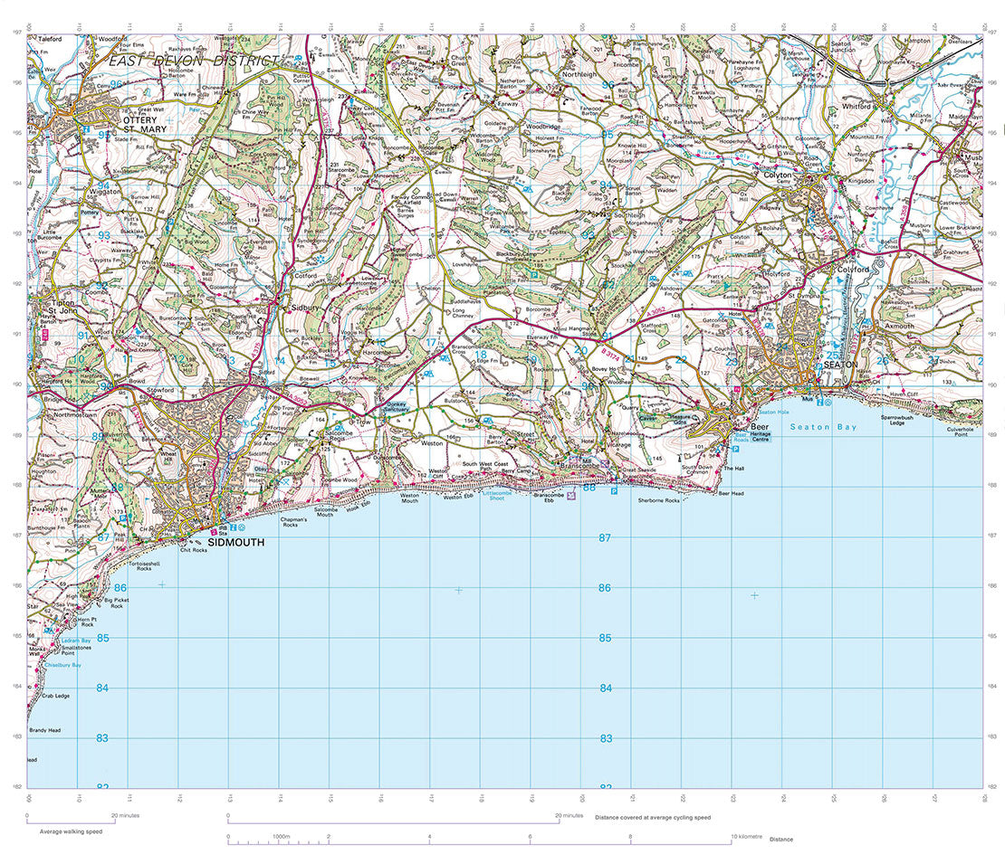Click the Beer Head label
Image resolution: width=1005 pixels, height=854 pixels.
coord(731,493)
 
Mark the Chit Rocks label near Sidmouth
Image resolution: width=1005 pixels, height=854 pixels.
coord(194,550)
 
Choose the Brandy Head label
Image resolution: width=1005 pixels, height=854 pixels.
coord(43,729)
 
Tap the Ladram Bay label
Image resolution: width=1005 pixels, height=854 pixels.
coord(74,640)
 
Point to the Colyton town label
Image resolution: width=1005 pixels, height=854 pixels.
coord(777,175)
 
